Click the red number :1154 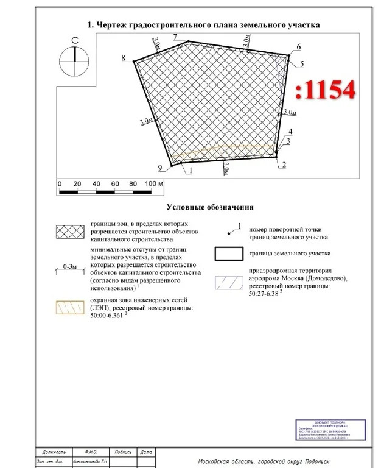(x=326, y=90)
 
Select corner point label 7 (x=175, y=38)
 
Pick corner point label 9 (x=159, y=168)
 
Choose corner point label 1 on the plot (x=190, y=171)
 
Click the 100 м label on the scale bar (x=155, y=183)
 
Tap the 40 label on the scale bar (x=96, y=183)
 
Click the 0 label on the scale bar (x=59, y=183)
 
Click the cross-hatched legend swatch (x=69, y=232)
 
